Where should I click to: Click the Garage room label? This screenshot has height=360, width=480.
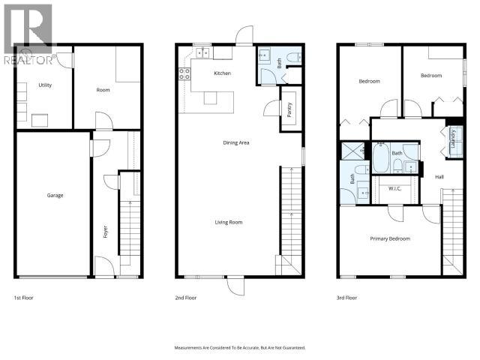55,196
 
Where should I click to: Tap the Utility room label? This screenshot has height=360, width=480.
45,85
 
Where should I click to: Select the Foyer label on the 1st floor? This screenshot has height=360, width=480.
105,232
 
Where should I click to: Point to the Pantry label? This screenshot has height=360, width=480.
289,109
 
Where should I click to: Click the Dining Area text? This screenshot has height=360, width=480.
236,142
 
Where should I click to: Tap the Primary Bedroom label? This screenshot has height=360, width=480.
390,238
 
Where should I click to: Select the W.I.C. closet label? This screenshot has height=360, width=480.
394,188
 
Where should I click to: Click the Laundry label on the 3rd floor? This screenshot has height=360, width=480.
453,140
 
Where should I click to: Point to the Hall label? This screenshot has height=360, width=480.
439,177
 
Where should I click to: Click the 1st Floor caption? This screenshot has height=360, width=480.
23,298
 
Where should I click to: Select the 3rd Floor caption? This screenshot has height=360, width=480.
346,298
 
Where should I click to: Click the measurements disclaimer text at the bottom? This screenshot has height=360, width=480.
240,348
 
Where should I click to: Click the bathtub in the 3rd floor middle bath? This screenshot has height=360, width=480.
381,159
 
